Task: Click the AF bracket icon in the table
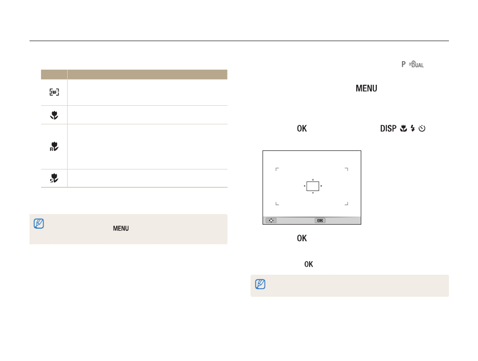pos(54,92)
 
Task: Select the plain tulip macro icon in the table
pos(54,115)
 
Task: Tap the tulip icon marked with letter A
pos(54,146)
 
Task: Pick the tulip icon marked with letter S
pos(54,178)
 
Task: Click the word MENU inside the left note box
pos(121,228)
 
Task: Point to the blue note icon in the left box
pos(39,224)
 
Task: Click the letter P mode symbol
pos(403,64)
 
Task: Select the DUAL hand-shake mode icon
pos(416,64)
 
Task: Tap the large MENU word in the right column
pos(366,88)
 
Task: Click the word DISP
pos(388,128)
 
